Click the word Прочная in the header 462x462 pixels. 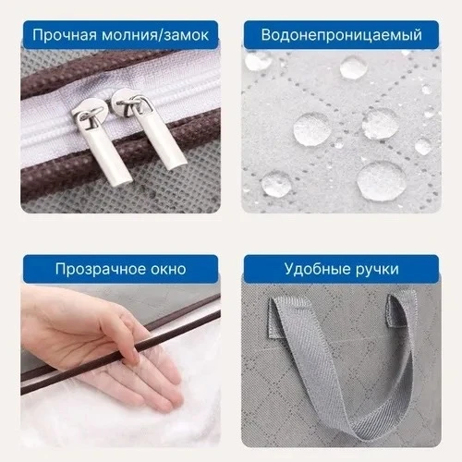(x=65, y=35)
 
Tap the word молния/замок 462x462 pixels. (x=155, y=35)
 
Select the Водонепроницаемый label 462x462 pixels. (x=341, y=35)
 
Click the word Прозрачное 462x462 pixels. (x=100, y=269)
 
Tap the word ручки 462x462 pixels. (x=377, y=269)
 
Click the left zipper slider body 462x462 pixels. (x=90, y=114)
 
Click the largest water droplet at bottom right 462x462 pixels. (x=382, y=181)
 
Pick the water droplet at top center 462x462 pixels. (x=354, y=67)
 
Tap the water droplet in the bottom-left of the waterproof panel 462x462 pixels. (x=276, y=184)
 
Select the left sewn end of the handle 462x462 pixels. (x=276, y=317)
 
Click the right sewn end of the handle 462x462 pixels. (x=395, y=310)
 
